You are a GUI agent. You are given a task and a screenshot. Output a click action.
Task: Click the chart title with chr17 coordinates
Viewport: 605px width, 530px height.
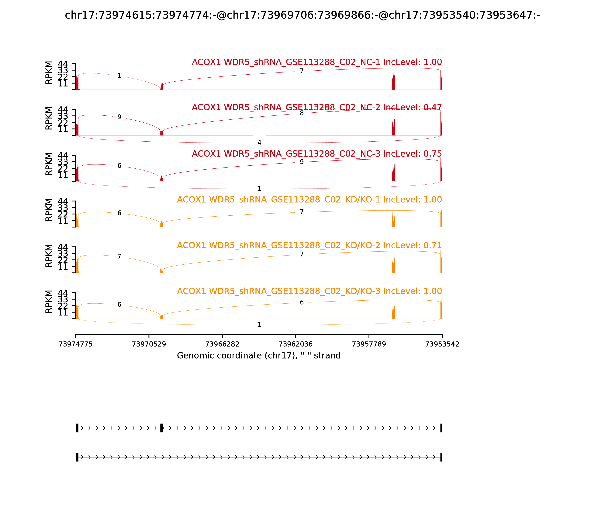point(302,15)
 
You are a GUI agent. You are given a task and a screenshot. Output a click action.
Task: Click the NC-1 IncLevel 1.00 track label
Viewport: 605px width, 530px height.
point(317,62)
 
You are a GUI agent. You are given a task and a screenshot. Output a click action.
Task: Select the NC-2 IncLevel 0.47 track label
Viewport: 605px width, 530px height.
point(317,108)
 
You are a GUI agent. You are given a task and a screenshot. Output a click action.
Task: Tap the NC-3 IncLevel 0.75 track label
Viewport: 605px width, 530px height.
point(317,154)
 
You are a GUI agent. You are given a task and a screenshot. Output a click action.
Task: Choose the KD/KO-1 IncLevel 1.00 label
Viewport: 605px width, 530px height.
point(309,200)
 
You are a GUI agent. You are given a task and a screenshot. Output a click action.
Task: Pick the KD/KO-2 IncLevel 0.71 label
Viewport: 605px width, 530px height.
point(309,246)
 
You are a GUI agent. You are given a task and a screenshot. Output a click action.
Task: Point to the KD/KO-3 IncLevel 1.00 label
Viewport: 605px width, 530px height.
point(309,291)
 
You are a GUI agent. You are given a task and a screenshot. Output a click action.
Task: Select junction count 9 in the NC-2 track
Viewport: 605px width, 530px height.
point(119,117)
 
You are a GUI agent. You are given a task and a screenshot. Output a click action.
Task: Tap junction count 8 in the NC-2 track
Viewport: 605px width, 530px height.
point(302,113)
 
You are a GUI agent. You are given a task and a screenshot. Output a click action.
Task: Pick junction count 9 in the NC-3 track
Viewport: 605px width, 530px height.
point(302,162)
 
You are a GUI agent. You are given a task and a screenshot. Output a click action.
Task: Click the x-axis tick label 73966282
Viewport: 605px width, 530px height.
point(222,344)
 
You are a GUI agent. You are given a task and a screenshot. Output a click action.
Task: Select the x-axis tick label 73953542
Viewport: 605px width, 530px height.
point(442,344)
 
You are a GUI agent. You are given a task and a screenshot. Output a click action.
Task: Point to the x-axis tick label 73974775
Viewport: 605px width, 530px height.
point(76,344)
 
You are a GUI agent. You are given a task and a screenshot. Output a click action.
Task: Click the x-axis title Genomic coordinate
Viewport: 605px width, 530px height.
point(259,355)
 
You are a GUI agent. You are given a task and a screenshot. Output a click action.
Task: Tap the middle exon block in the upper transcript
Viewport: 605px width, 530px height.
point(162,428)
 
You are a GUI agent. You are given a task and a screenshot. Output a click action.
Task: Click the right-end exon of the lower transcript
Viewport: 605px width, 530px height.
point(441,457)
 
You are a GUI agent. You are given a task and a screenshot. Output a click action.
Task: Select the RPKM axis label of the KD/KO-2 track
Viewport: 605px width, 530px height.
point(49,256)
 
